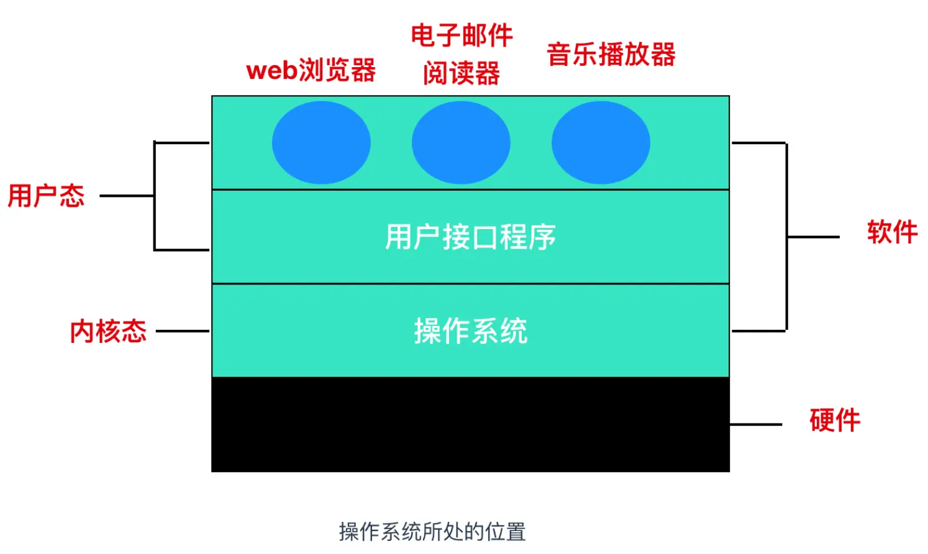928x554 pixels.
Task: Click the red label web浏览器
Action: (311, 70)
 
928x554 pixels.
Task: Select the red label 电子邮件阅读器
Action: (462, 54)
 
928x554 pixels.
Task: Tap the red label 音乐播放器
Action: (611, 55)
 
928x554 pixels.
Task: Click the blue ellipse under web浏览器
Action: (321, 143)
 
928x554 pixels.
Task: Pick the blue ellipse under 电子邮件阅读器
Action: (461, 143)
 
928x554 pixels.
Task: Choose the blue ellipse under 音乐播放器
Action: (601, 143)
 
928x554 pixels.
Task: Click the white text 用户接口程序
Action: (470, 237)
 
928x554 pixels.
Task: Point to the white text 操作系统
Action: (470, 330)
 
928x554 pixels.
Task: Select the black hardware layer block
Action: (470, 424)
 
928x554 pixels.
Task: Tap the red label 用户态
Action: (46, 196)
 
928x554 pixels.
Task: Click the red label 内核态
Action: (108, 331)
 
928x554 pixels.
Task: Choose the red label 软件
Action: (892, 232)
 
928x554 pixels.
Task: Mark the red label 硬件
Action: (835, 420)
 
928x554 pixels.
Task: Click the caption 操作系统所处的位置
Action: (432, 532)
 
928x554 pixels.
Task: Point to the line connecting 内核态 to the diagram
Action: (182, 331)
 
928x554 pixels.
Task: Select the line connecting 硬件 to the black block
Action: (755, 425)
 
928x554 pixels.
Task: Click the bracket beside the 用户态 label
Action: (155, 196)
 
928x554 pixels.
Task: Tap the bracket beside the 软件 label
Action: (787, 237)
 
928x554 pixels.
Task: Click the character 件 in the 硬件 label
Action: (848, 420)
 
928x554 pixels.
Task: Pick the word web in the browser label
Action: (271, 71)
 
